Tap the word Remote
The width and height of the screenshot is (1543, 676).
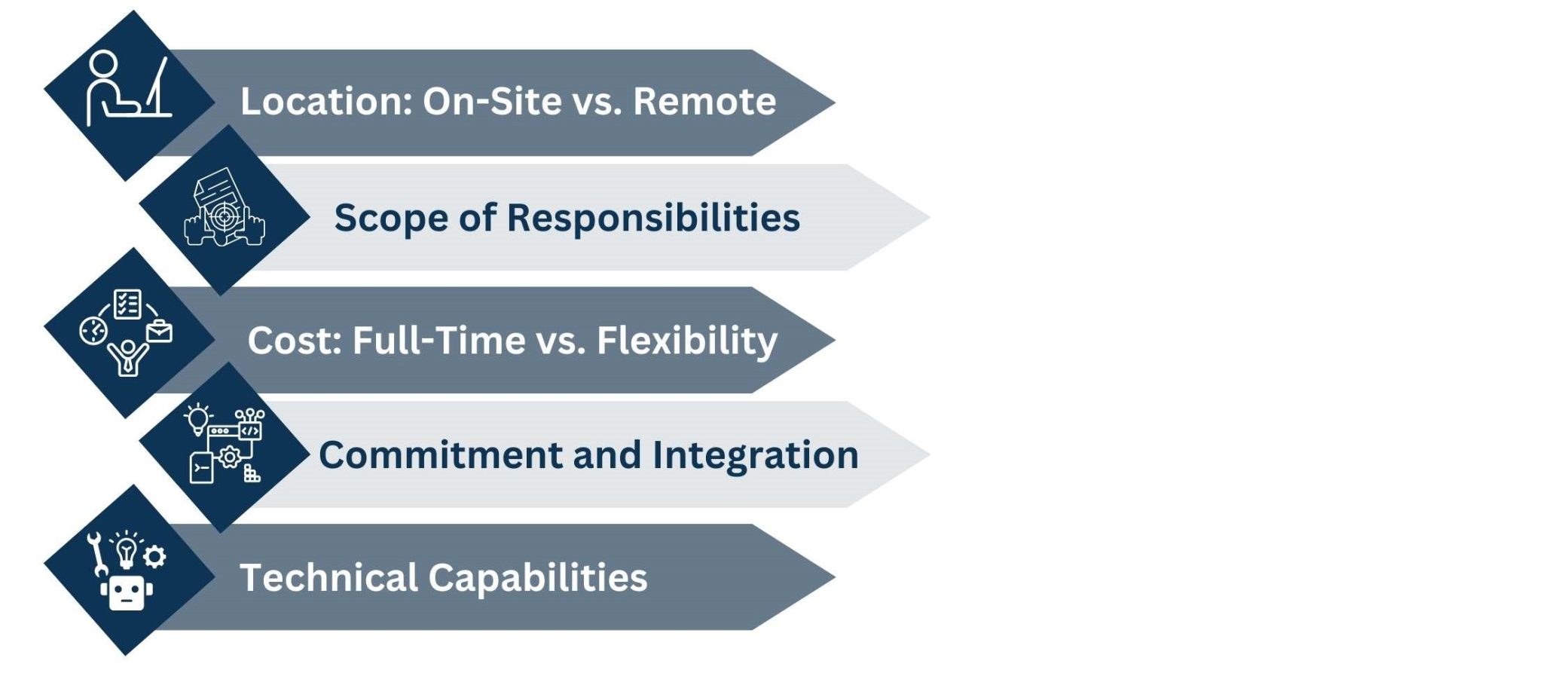click(704, 101)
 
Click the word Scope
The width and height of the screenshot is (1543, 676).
click(391, 218)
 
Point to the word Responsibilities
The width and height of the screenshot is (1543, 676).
click(653, 218)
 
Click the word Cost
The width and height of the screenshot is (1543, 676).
click(294, 340)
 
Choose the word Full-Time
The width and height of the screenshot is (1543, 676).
click(439, 340)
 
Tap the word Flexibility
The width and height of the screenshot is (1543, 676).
click(686, 341)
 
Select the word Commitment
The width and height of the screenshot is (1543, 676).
click(441, 455)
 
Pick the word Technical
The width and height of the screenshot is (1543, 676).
click(328, 578)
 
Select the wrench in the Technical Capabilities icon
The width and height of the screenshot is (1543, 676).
click(96, 554)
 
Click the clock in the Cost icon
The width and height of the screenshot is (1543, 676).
click(93, 331)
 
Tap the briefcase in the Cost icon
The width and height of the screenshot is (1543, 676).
click(159, 332)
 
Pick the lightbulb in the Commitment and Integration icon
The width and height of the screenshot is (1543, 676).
click(198, 419)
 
